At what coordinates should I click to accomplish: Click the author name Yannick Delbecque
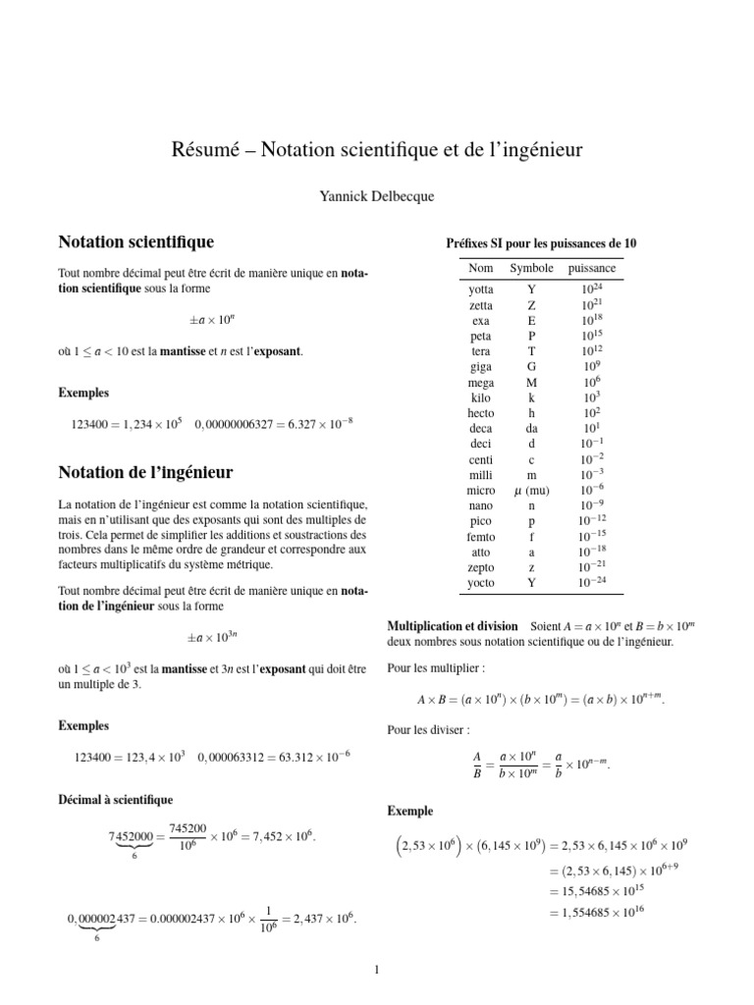pyautogui.click(x=376, y=196)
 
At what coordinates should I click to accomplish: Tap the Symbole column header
pyautogui.click(x=531, y=268)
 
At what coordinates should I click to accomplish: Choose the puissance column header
pyautogui.click(x=592, y=268)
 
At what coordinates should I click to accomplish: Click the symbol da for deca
pyautogui.click(x=531, y=429)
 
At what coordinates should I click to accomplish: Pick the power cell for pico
pyautogui.click(x=592, y=521)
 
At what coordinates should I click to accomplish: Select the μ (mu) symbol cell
pyautogui.click(x=531, y=490)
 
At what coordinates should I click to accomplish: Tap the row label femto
pyautogui.click(x=481, y=537)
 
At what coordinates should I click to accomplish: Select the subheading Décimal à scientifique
pyautogui.click(x=117, y=800)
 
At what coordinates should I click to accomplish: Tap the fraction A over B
pyautogui.click(x=475, y=765)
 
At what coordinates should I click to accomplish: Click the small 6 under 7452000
pyautogui.click(x=134, y=857)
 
